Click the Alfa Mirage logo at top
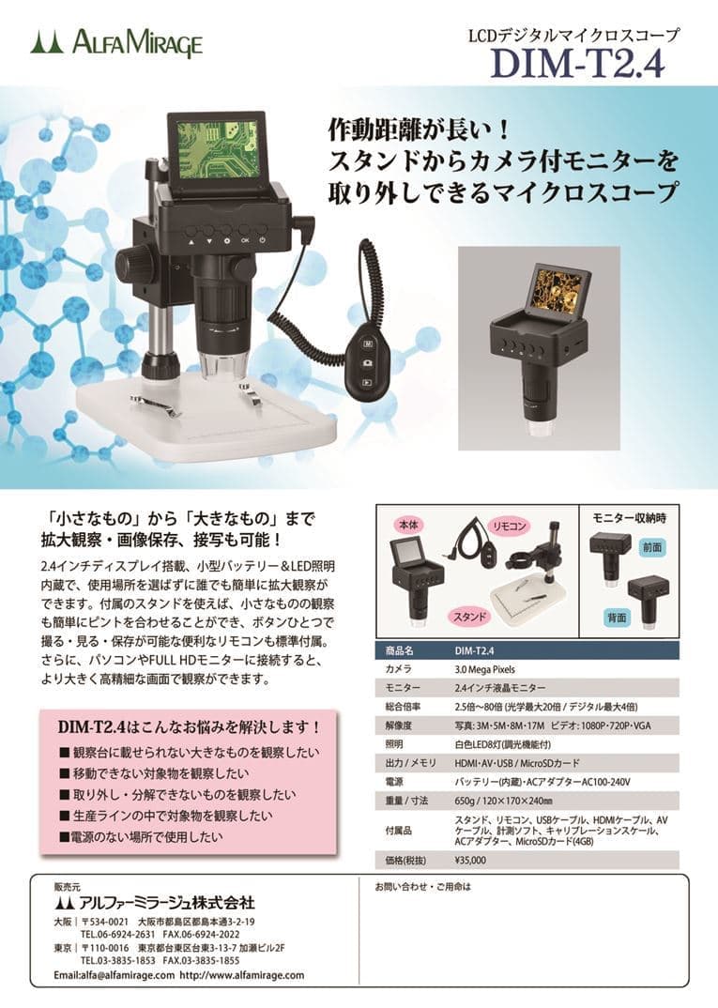[x=116, y=44]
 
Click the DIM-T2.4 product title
[x=578, y=63]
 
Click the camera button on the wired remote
[x=367, y=363]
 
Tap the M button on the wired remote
[x=368, y=344]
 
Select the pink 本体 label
[x=408, y=526]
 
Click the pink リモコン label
[x=509, y=527]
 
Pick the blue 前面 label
[x=651, y=547]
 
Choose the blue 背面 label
[x=617, y=618]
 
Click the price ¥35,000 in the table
[x=470, y=860]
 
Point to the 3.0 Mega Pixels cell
[x=484, y=669]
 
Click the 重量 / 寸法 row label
[x=406, y=801]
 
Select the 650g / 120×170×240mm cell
[x=503, y=801]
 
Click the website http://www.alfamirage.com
[x=242, y=975]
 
